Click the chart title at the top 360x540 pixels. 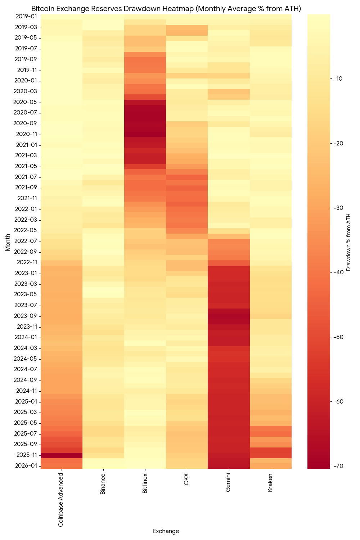(166, 8)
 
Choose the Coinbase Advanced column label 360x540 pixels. (61, 500)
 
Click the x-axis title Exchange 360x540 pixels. (166, 531)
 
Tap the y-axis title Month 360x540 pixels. (8, 242)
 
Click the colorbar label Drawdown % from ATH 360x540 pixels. (348, 242)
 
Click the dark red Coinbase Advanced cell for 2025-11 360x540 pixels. (62, 455)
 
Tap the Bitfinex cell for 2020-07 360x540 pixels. (145, 113)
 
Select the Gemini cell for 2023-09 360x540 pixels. (229, 316)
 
